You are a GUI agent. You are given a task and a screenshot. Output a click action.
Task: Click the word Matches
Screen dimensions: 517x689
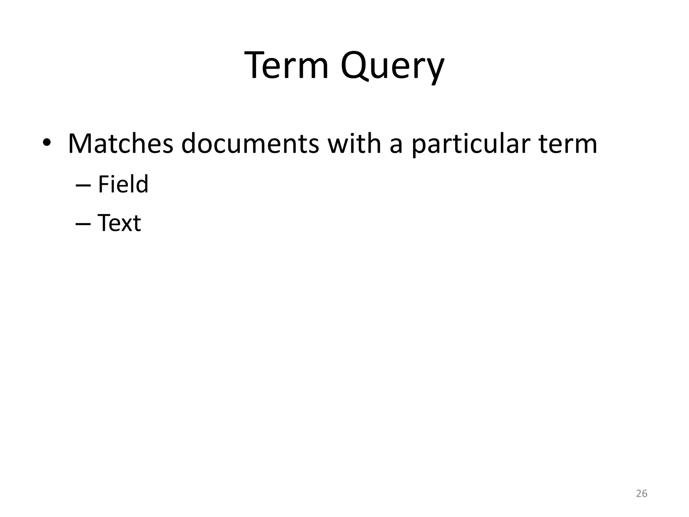[120, 143]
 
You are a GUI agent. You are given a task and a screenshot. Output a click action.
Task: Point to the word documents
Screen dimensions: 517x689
[250, 143]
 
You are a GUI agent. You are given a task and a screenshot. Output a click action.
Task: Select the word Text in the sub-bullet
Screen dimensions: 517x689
[119, 223]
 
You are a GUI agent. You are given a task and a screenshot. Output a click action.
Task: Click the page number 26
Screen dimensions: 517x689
[642, 493]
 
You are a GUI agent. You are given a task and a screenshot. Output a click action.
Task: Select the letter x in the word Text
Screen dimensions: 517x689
[126, 225]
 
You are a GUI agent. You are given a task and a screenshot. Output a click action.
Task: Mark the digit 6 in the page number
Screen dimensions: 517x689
[645, 493]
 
